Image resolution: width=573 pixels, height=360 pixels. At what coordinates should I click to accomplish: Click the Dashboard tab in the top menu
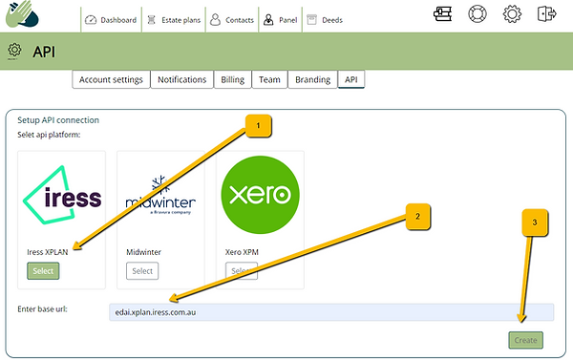(111, 19)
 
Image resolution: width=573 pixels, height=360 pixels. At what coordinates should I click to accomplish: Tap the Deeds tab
(325, 19)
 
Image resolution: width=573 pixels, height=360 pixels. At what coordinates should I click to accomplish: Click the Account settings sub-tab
(111, 79)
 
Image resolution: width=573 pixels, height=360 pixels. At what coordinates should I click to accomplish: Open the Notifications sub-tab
(182, 79)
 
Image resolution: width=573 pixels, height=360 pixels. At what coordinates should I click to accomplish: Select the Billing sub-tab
(233, 79)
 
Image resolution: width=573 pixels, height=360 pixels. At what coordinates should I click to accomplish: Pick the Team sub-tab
(269, 79)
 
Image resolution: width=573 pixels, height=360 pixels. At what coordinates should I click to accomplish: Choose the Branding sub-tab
(312, 79)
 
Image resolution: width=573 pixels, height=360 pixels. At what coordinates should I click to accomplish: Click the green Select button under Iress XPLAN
(43, 271)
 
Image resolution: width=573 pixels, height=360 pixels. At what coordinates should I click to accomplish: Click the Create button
(525, 340)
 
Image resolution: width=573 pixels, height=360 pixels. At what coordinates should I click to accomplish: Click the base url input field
(329, 312)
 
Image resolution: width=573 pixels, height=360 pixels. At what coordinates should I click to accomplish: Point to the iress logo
(62, 197)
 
